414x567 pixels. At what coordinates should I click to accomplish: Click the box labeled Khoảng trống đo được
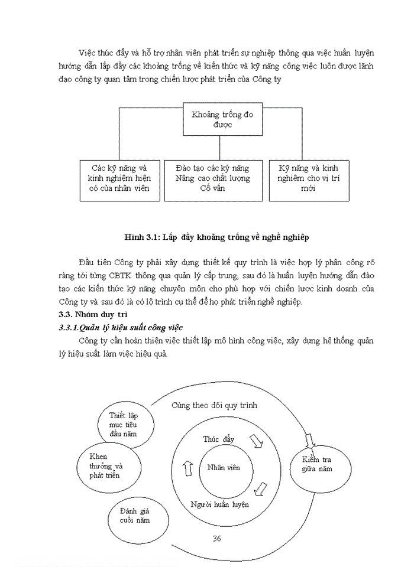coord(221,119)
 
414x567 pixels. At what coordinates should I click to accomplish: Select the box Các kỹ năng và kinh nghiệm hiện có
coord(119,180)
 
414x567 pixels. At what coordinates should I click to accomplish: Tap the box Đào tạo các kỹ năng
coord(213,180)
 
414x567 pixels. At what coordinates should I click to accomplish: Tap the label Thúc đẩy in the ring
coord(219,439)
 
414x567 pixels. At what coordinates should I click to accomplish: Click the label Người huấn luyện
coord(219,504)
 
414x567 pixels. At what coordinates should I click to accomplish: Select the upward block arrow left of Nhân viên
coord(188,468)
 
